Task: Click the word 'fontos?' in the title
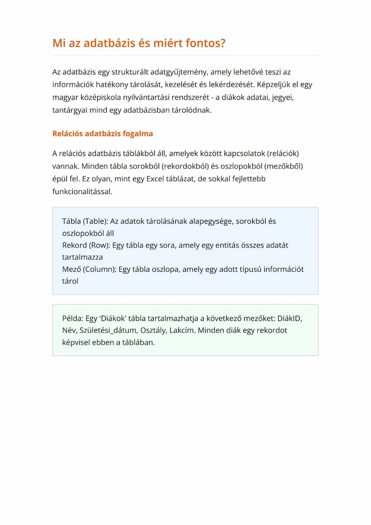coord(205,43)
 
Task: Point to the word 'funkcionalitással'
coord(82,191)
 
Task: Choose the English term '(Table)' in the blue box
coord(95,221)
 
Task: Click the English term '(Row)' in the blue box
coord(99,245)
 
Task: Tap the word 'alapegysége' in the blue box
coord(211,221)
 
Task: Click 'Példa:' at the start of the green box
coord(73,318)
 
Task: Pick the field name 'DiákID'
coord(290,318)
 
